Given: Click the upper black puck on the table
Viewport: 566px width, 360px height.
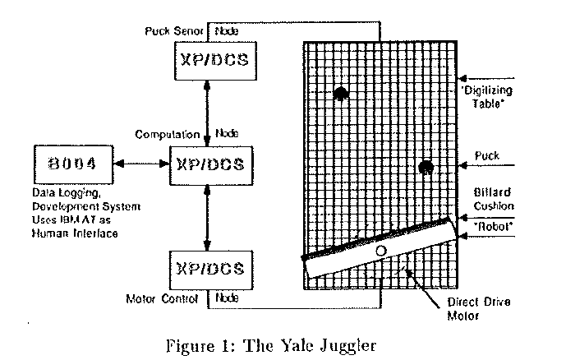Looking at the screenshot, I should point(341,94).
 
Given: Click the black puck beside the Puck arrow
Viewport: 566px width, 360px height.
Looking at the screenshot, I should point(426,168).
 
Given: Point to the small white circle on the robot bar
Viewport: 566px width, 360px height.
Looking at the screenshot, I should point(380,249).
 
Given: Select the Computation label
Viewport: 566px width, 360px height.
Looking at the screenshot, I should point(167,134).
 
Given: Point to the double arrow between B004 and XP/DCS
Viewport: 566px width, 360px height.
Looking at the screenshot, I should point(140,164).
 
